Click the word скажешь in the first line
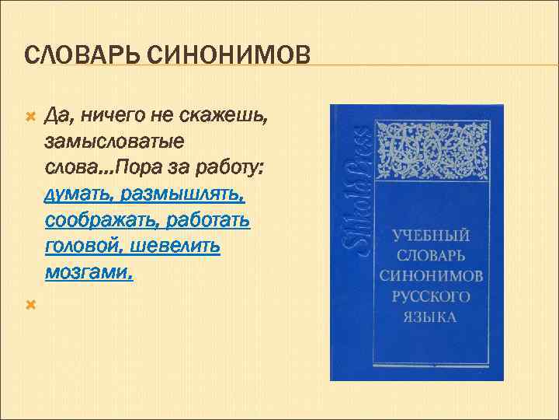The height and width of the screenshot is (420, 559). click(x=234, y=117)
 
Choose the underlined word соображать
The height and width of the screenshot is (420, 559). click(x=100, y=221)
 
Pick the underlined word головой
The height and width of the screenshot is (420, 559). click(x=78, y=247)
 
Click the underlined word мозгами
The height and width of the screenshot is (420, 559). click(x=88, y=272)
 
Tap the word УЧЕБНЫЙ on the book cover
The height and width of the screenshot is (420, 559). click(x=430, y=235)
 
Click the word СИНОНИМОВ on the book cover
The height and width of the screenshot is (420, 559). click(x=431, y=275)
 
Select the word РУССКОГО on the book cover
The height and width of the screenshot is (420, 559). click(x=431, y=296)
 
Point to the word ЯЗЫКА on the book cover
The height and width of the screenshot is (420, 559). click(x=431, y=316)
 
